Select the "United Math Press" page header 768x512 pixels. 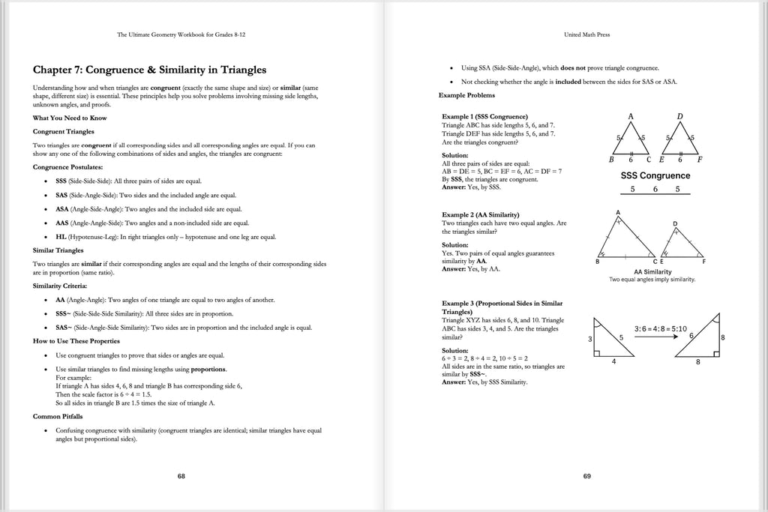click(586, 34)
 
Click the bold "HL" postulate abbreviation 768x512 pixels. click(61, 236)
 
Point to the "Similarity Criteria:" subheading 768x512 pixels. click(59, 286)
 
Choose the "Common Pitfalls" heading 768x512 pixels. click(58, 416)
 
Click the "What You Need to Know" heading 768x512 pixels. click(70, 118)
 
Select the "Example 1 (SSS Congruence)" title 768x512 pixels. click(484, 117)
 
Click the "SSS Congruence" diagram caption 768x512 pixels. click(655, 175)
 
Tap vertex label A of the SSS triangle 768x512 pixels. click(631, 117)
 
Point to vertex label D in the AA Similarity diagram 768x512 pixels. click(675, 224)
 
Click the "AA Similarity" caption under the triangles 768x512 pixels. click(652, 271)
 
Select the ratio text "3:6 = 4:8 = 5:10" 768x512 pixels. click(660, 328)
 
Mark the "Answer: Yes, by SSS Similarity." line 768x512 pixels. click(484, 382)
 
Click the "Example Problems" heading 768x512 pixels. click(466, 95)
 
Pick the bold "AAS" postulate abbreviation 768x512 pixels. click(62, 223)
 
